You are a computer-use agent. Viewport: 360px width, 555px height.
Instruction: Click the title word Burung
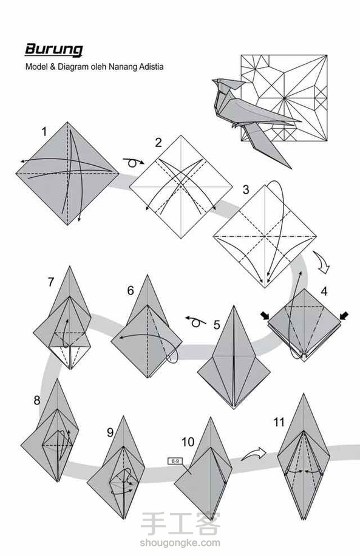54,50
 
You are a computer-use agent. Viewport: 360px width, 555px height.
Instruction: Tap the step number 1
44,132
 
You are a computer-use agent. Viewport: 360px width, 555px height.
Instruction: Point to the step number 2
158,142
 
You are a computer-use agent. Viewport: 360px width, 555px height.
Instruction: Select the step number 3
246,189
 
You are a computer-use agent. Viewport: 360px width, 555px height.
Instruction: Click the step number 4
324,291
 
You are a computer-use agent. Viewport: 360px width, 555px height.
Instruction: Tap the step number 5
217,325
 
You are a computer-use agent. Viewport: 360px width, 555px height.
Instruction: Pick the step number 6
131,291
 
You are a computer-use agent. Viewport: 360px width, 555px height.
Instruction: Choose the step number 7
51,282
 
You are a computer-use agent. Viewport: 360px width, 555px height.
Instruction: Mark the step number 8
37,400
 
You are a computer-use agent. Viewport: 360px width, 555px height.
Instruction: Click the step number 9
110,432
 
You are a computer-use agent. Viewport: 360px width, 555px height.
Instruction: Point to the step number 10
188,441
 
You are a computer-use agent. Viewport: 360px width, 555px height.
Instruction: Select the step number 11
279,422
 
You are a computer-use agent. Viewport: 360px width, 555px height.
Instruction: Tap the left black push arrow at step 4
265,315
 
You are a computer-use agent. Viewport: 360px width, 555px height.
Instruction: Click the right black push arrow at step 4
344,315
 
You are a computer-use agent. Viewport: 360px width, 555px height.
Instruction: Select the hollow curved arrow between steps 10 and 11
254,454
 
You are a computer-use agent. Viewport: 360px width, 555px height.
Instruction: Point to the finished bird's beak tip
212,81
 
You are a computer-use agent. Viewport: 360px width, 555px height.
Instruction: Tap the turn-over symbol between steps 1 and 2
134,163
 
